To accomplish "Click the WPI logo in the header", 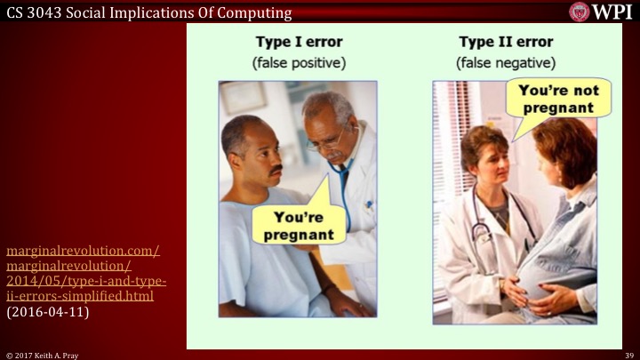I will [601, 12].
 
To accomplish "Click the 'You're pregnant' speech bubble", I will [297, 226].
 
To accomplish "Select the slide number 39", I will [628, 354].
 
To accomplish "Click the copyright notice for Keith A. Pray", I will [44, 354].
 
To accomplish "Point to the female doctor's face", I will [485, 158].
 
